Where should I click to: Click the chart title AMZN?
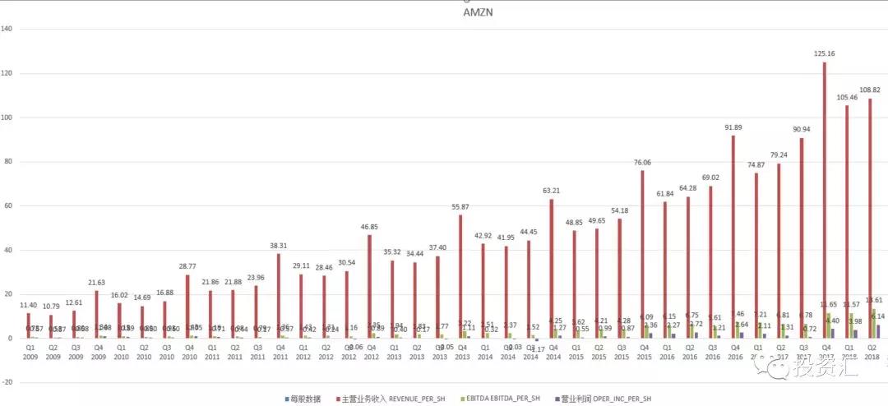(478, 13)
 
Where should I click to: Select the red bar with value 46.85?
(369, 287)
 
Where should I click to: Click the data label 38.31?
(278, 245)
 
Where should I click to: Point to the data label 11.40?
(28, 304)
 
